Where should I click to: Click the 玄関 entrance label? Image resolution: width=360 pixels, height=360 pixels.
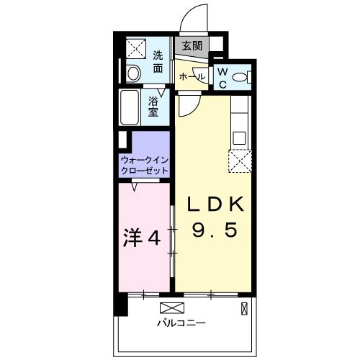(192, 46)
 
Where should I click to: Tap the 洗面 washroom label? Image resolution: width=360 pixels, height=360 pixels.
(158, 63)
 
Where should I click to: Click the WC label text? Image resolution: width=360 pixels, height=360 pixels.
(222, 78)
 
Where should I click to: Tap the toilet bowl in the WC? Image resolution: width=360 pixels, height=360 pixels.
(241, 78)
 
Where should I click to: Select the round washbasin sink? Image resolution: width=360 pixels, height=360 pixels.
(132, 73)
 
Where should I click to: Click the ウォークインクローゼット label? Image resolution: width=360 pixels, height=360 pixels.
(145, 165)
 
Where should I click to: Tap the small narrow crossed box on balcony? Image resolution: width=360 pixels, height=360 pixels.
(244, 310)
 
